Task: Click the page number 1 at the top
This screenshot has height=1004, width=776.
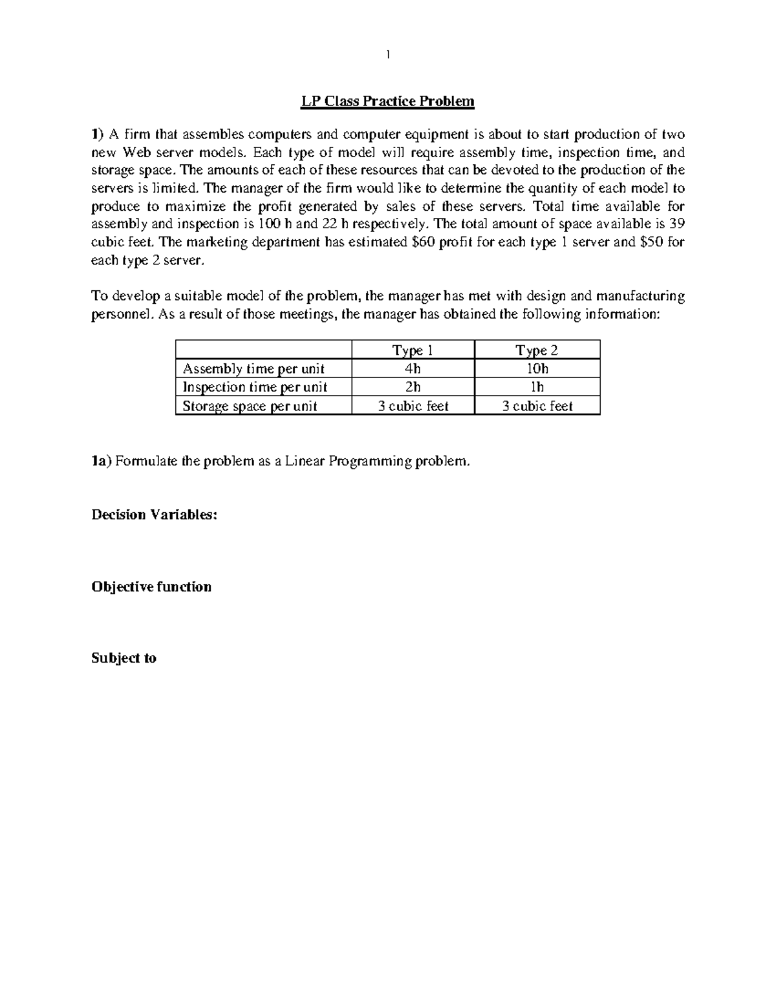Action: pyautogui.click(x=387, y=55)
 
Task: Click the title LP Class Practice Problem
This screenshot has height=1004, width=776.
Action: pyautogui.click(x=387, y=101)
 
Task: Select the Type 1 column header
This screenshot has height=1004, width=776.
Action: pyautogui.click(x=413, y=350)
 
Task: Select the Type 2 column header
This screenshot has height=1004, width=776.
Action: pyautogui.click(x=537, y=350)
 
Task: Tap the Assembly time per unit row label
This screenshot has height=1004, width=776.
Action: pyautogui.click(x=253, y=368)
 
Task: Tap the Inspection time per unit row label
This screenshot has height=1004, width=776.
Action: pyautogui.click(x=255, y=387)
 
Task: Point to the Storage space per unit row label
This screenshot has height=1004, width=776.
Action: pyautogui.click(x=250, y=405)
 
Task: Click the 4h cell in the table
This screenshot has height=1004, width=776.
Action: pyautogui.click(x=413, y=368)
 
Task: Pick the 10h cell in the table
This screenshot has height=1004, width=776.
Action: pyautogui.click(x=537, y=368)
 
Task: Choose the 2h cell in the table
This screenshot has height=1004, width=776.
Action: pyautogui.click(x=413, y=387)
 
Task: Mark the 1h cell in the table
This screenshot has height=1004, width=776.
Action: pyautogui.click(x=537, y=387)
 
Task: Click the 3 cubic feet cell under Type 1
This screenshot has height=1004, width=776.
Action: pyautogui.click(x=413, y=405)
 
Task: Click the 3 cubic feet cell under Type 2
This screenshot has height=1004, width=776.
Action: pyautogui.click(x=537, y=405)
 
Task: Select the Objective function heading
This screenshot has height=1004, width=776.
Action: pyautogui.click(x=151, y=586)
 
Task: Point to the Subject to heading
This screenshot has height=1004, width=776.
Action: pyautogui.click(x=124, y=658)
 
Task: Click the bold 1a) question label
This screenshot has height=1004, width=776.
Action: pyautogui.click(x=102, y=461)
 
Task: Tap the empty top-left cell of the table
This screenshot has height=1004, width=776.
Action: pyautogui.click(x=263, y=350)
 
